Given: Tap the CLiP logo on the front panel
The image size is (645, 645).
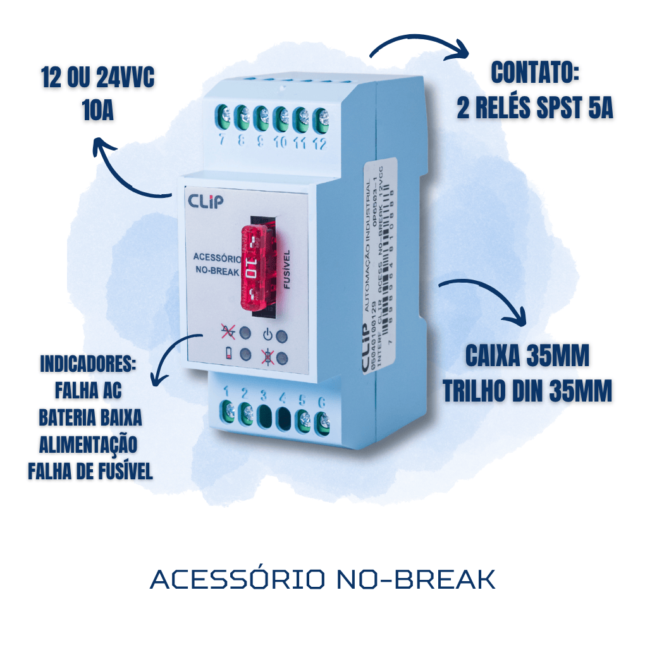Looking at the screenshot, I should (206, 201).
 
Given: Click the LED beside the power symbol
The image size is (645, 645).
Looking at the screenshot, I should (283, 336).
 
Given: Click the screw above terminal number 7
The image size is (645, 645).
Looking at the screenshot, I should (223, 117).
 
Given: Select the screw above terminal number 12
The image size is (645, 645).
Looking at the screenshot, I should (322, 118).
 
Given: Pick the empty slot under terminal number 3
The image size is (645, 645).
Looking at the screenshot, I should (265, 417).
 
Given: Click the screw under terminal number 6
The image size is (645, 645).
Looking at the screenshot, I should (322, 422).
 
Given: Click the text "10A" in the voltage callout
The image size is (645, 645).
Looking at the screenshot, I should (97, 112).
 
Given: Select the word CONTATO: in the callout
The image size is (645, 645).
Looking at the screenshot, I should (535, 73).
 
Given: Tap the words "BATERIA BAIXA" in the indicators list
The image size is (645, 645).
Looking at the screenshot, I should (90, 419).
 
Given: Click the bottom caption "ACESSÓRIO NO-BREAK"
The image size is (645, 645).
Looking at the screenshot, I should (322, 580).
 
